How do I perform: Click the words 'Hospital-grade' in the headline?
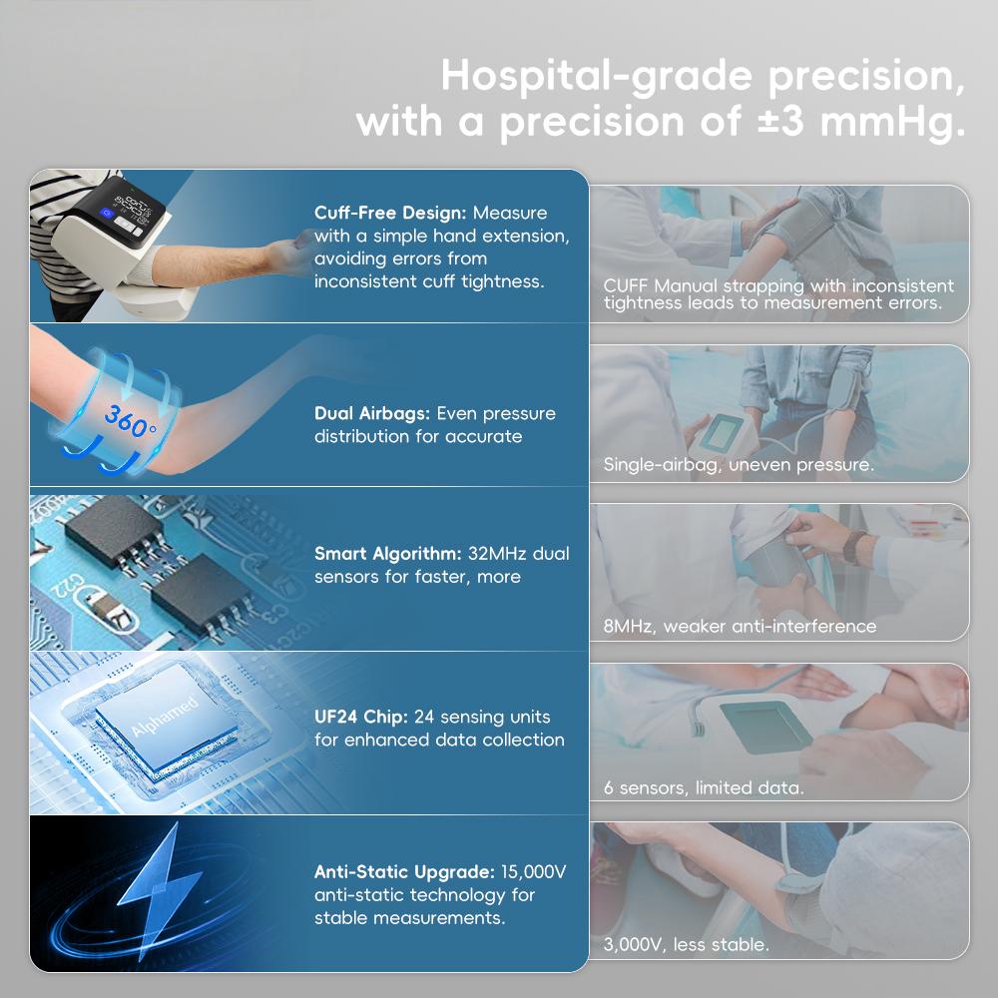coord(597,77)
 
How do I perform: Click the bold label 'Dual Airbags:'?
coord(372,414)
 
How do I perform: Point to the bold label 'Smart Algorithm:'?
coord(387,554)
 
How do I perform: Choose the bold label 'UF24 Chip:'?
coord(361,717)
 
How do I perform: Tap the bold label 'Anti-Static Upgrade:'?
coord(404,872)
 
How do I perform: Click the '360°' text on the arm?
coord(129,420)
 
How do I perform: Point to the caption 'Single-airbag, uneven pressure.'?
coord(739,465)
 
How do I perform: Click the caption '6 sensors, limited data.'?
coord(704,788)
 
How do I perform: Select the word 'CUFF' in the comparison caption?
coord(626,285)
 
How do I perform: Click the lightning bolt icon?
coord(156,888)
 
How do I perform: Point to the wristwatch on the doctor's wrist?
coord(853,546)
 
